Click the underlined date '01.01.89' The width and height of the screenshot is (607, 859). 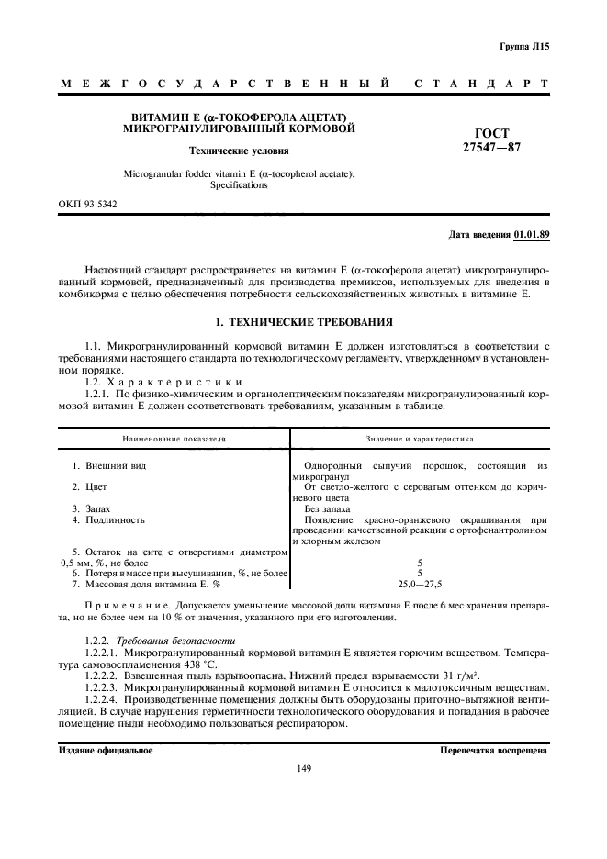click(531, 235)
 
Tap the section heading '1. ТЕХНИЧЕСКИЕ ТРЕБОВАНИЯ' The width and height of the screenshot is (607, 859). click(303, 323)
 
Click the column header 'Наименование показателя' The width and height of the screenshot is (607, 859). click(174, 439)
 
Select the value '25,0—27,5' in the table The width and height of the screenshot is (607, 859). click(419, 584)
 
